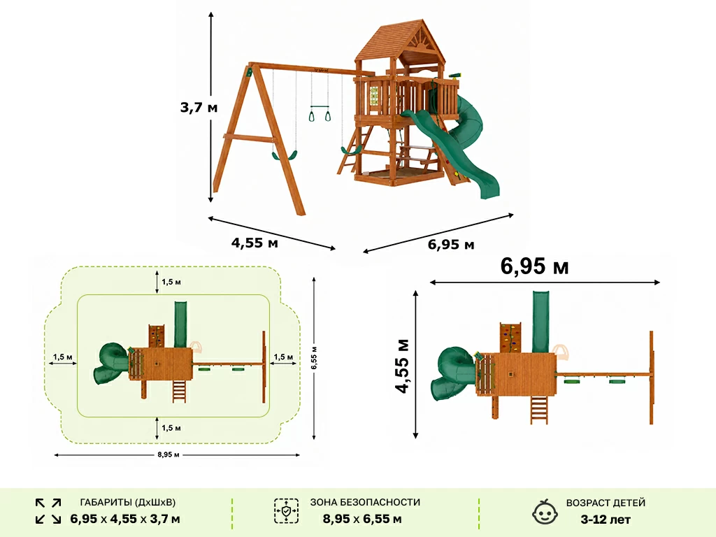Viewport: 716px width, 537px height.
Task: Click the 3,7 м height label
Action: point(199,108)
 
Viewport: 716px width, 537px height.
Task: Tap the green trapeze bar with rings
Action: point(320,113)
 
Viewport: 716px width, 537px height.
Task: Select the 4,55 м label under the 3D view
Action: point(255,243)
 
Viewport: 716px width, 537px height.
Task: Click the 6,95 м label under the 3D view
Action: point(451,244)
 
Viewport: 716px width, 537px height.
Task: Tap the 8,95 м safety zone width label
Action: point(169,454)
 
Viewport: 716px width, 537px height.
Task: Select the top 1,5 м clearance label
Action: point(171,282)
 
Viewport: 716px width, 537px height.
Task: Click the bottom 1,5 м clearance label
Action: point(171,428)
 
